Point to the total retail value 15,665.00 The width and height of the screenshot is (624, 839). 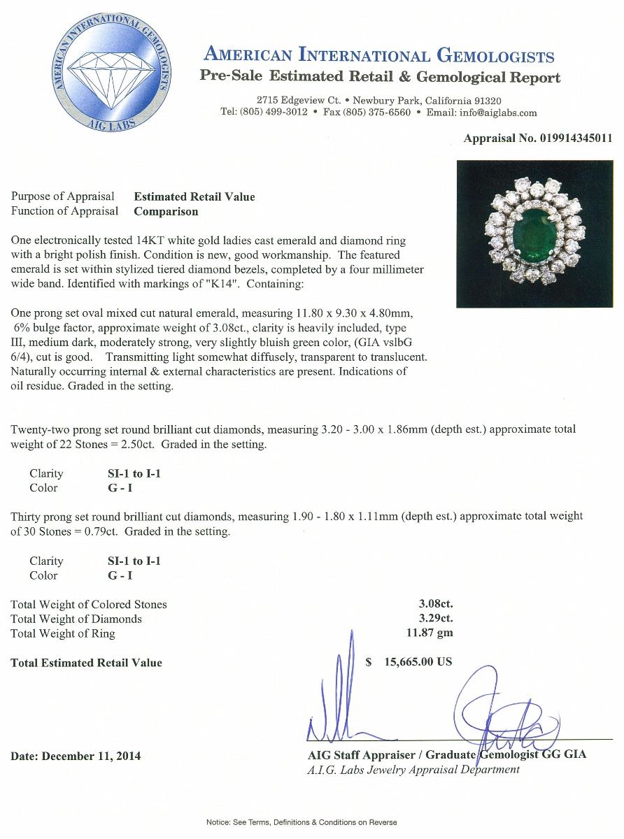[418, 662]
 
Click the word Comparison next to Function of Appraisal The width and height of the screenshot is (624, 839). [166, 211]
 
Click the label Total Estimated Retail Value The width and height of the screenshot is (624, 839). [86, 663]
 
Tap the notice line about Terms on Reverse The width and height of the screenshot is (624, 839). [302, 822]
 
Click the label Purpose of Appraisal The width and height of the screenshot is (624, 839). [63, 196]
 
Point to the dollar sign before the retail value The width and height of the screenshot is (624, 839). [369, 662]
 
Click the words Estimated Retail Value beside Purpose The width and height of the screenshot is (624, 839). [194, 196]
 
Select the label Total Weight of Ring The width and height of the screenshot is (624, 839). [63, 633]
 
